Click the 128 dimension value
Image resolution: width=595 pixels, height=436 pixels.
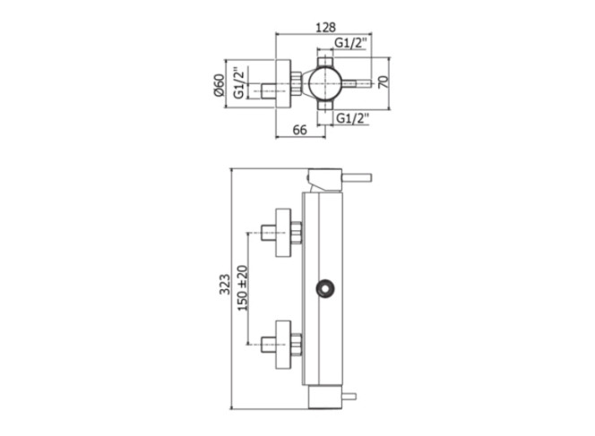pyautogui.click(x=325, y=27)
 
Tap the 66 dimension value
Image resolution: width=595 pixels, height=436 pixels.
pyautogui.click(x=300, y=130)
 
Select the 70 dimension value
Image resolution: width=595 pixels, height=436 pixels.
pyautogui.click(x=384, y=81)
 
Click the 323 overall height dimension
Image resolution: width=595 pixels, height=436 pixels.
pyautogui.click(x=225, y=285)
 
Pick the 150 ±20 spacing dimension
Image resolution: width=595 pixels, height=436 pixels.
pyautogui.click(x=243, y=288)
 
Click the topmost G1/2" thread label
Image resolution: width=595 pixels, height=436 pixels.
pyautogui.click(x=350, y=43)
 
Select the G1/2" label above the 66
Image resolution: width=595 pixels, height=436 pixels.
pyautogui.click(x=353, y=119)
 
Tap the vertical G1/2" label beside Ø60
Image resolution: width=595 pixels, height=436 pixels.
pyautogui.click(x=238, y=83)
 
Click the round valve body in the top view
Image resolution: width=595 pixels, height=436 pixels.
pyautogui.click(x=325, y=83)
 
